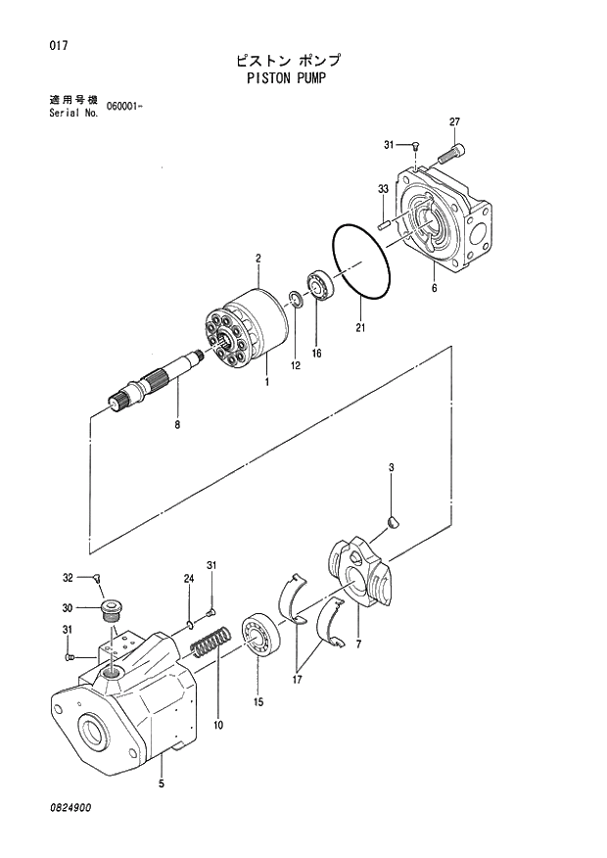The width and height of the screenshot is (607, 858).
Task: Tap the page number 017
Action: pos(41,45)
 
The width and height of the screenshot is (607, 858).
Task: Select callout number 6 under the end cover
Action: pos(433,288)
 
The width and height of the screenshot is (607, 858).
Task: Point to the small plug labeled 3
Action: pos(393,522)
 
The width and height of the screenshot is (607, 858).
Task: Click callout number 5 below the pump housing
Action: pos(161,783)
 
